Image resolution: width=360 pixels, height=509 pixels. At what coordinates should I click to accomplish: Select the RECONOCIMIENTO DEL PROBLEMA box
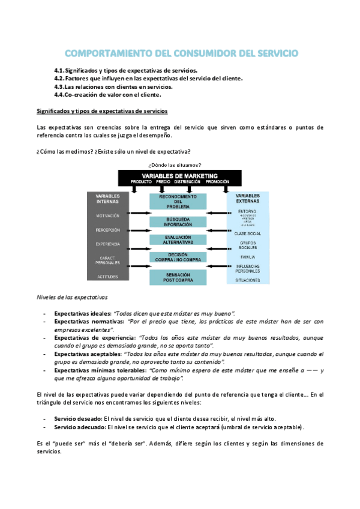178,202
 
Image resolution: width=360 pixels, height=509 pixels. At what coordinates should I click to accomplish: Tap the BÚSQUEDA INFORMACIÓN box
178,222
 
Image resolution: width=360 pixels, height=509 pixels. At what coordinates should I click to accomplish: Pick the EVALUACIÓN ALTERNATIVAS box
178,239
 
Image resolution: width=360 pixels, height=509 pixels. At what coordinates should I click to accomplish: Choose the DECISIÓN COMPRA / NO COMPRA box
178,258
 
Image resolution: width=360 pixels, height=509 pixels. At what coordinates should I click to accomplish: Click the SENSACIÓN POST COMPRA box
178,276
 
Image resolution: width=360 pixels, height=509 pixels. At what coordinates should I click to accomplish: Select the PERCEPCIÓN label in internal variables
107,230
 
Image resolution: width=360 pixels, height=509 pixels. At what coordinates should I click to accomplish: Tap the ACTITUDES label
107,277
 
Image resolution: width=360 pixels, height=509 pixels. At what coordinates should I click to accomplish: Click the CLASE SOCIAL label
247,233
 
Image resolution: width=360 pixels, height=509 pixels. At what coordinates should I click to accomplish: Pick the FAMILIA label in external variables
247,257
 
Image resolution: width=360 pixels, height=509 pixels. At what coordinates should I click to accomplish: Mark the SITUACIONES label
247,280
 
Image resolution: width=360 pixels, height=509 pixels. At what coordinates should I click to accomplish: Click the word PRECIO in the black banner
163,181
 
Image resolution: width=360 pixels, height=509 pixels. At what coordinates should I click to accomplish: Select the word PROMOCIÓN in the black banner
217,181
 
